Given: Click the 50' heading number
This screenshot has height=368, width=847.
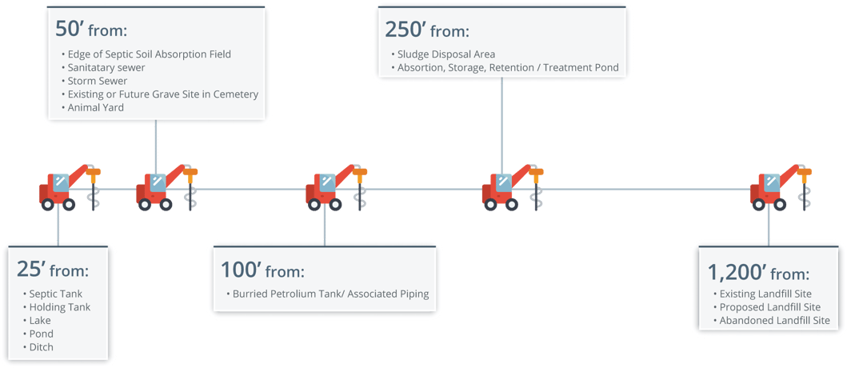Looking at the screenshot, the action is (x=69, y=29).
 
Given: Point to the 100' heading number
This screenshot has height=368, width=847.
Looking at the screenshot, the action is (x=241, y=269).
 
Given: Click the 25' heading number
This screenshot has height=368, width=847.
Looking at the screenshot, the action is (x=30, y=269).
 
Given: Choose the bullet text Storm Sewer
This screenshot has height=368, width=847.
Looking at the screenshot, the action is (x=98, y=81).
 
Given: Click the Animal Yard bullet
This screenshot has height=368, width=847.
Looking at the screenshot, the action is (x=96, y=107).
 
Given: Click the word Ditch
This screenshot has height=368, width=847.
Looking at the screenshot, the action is (x=41, y=347).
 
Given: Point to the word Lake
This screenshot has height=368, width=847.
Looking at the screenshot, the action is (x=40, y=321).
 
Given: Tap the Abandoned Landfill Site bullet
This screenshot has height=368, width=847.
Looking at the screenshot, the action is (x=774, y=321).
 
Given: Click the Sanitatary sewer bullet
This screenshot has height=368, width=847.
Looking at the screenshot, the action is (x=106, y=67).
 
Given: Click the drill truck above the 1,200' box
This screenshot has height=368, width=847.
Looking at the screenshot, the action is (x=781, y=186).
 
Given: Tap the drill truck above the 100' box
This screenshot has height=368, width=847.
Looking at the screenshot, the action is (x=337, y=186).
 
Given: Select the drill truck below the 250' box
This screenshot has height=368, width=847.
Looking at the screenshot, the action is (x=513, y=186).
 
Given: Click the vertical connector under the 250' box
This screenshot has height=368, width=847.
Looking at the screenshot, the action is (x=501, y=126).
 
